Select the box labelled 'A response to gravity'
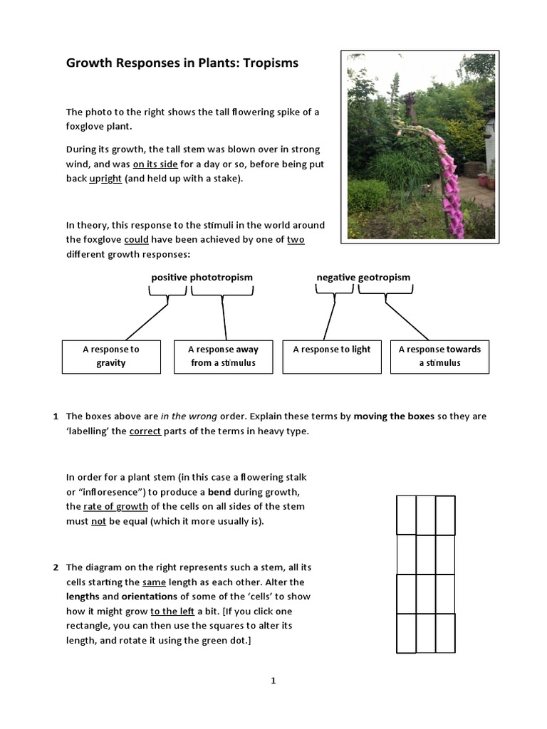[x=111, y=356]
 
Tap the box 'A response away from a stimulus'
[x=223, y=356]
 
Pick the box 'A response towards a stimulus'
[x=439, y=356]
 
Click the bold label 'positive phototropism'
[x=202, y=277]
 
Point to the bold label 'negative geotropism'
[x=363, y=277]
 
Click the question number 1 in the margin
[x=56, y=416]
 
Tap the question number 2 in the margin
[x=56, y=567]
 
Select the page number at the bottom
[x=273, y=681]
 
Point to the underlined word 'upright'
[x=105, y=179]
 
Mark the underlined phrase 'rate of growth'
[x=116, y=506]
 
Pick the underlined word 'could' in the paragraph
[x=136, y=240]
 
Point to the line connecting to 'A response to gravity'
[x=146, y=322]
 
